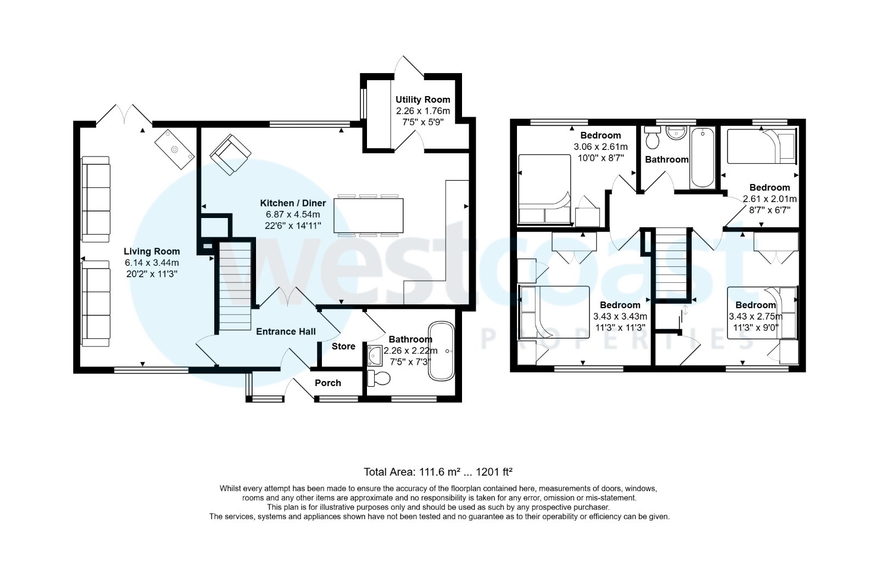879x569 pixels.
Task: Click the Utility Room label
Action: (x=422, y=99)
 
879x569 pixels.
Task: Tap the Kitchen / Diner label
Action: (x=293, y=203)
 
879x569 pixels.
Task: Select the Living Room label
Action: (x=152, y=252)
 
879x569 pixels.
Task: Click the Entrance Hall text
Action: (x=286, y=331)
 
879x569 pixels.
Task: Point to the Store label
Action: (x=343, y=347)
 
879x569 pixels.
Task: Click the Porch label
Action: (x=327, y=383)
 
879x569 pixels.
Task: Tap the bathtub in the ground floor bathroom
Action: (x=442, y=352)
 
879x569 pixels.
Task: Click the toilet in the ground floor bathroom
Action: (x=379, y=377)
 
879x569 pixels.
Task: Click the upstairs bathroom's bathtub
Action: (x=702, y=158)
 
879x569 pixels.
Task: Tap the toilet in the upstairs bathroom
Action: (x=653, y=138)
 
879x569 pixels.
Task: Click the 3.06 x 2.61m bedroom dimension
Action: (x=600, y=147)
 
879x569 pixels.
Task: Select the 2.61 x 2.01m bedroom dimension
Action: (x=769, y=199)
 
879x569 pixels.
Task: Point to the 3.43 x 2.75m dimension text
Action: (x=755, y=317)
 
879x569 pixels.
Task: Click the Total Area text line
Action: (x=438, y=472)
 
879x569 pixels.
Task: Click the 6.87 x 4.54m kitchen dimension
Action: (x=293, y=215)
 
